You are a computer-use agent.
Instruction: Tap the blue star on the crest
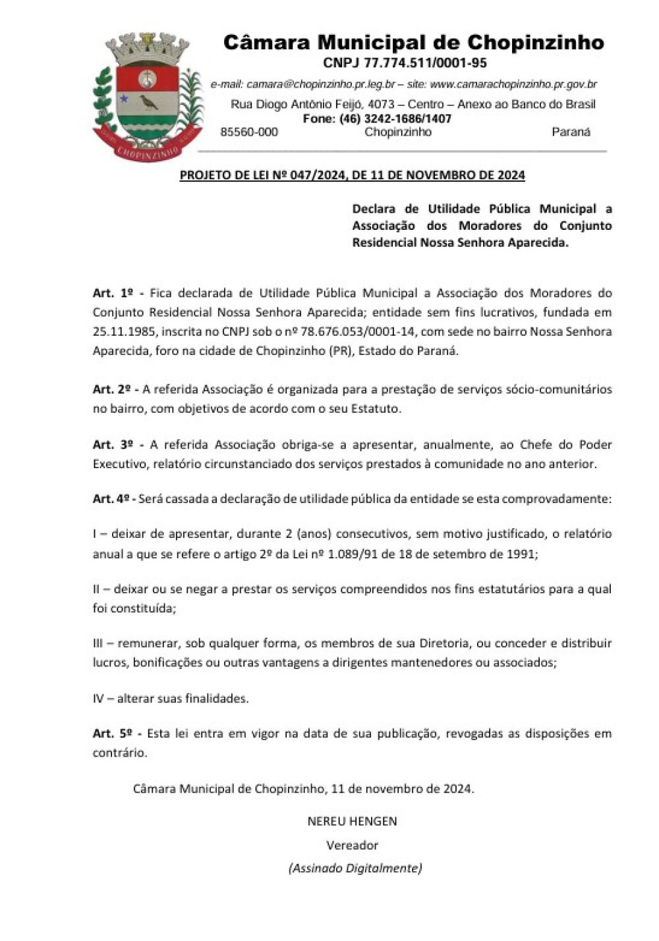(123, 98)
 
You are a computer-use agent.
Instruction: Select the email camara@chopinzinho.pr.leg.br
(320, 84)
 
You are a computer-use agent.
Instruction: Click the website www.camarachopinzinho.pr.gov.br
(513, 84)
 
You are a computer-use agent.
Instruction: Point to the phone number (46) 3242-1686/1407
(395, 119)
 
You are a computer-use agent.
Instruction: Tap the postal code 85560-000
(248, 132)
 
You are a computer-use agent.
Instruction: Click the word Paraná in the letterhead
(571, 132)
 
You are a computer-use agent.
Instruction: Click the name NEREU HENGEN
(352, 821)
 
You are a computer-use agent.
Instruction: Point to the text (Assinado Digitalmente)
(355, 868)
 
